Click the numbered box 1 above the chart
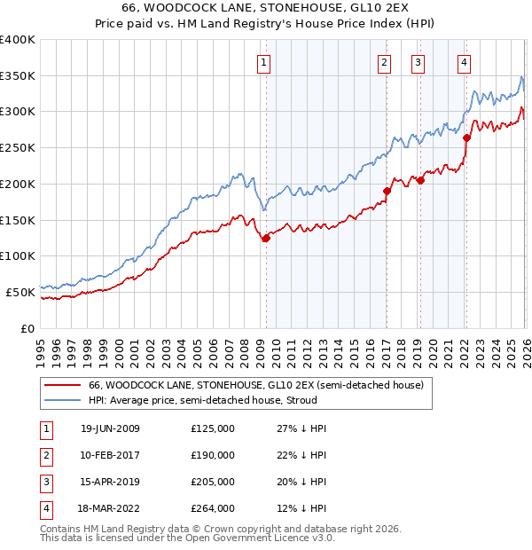[265, 62]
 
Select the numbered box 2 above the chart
[385, 62]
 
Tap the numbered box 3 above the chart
[418, 62]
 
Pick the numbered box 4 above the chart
[465, 62]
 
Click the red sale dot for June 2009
[266, 238]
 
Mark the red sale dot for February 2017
[387, 191]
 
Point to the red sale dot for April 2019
[420, 180]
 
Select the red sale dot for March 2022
[466, 137]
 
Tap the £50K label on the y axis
[20, 291]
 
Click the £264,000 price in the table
[213, 508]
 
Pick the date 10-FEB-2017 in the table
[110, 455]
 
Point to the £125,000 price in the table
[213, 428]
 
